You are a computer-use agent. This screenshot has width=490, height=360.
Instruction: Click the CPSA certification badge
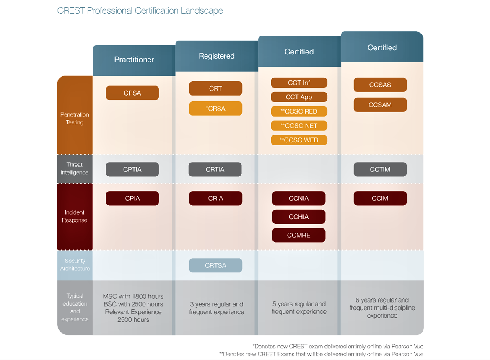[x=132, y=93]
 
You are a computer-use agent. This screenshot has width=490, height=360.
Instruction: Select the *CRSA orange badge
[x=215, y=109]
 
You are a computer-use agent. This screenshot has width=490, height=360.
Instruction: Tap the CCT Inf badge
[x=299, y=83]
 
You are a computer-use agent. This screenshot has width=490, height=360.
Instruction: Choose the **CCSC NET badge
[x=299, y=126]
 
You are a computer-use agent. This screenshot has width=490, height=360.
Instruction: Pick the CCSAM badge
[x=380, y=105]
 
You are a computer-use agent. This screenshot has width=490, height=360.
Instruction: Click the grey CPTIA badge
[x=132, y=170]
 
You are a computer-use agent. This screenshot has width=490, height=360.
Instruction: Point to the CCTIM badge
[x=380, y=170]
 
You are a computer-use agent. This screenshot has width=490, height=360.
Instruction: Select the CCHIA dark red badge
[x=299, y=217]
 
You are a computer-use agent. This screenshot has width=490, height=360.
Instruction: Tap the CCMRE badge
[x=299, y=235]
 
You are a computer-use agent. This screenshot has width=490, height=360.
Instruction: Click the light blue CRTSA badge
[x=215, y=265]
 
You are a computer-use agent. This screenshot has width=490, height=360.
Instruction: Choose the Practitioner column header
[x=134, y=60]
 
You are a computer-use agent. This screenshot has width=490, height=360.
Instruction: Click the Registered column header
[x=217, y=56]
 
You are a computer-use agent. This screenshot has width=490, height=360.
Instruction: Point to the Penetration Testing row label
[x=75, y=118]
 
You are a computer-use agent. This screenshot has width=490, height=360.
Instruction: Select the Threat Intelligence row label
[x=75, y=168]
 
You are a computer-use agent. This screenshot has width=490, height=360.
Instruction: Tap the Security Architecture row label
[x=75, y=264]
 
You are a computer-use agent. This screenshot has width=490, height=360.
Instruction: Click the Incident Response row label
[x=75, y=216]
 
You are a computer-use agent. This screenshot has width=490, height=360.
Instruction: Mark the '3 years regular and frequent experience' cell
[x=217, y=308]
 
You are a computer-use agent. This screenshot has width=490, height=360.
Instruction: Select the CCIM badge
[x=380, y=198]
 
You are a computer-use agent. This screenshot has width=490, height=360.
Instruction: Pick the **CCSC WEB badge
[x=299, y=140]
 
